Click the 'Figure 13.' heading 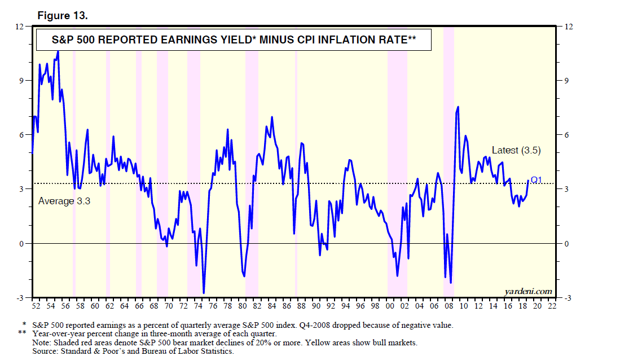tap(62, 16)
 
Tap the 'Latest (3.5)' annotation tap(516, 150)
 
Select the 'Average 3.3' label tap(64, 201)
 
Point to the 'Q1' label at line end tap(536, 180)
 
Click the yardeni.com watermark tap(528, 291)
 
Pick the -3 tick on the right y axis tap(562, 297)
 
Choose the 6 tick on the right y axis tap(561, 135)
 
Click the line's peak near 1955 tap(58, 51)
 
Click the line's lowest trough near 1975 tap(204, 293)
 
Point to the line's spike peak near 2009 tap(458, 107)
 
